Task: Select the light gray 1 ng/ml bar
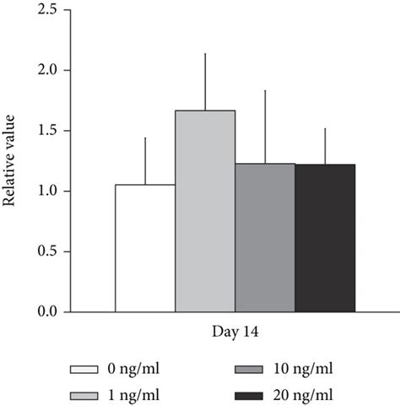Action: click(205, 211)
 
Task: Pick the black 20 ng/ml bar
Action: click(325, 238)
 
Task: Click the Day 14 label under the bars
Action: click(235, 332)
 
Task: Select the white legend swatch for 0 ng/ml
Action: click(93, 370)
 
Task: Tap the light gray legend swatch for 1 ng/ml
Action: click(93, 393)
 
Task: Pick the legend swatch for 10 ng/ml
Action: click(249, 370)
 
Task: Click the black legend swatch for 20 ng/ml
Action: click(249, 393)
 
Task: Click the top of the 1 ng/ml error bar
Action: click(205, 54)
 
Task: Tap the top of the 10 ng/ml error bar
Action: click(265, 90)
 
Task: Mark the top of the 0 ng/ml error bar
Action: click(145, 138)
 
